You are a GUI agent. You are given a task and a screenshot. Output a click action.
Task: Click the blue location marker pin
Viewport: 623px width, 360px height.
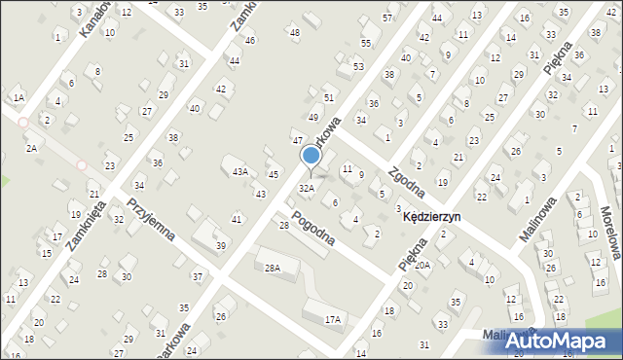tap(311, 156)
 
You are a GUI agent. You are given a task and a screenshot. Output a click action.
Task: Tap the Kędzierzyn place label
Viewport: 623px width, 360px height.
tap(431, 218)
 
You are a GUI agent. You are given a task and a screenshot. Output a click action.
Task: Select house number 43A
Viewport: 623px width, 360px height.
tap(239, 172)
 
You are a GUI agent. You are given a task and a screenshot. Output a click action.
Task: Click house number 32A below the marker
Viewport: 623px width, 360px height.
tap(307, 188)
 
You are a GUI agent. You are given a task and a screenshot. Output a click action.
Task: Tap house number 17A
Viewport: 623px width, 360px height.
tap(333, 319)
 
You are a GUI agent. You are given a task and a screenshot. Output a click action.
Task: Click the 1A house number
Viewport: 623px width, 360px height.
tap(18, 97)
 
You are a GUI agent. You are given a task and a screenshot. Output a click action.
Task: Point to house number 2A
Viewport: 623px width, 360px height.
tap(31, 148)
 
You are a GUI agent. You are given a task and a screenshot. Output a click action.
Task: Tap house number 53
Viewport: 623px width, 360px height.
tap(358, 66)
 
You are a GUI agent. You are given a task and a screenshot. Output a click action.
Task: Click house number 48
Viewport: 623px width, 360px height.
tap(295, 33)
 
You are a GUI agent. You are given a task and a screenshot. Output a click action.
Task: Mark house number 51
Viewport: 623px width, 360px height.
tap(329, 98)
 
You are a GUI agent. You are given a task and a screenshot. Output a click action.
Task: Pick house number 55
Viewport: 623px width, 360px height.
tap(365, 44)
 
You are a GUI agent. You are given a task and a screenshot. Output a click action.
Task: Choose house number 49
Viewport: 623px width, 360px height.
tap(313, 118)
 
